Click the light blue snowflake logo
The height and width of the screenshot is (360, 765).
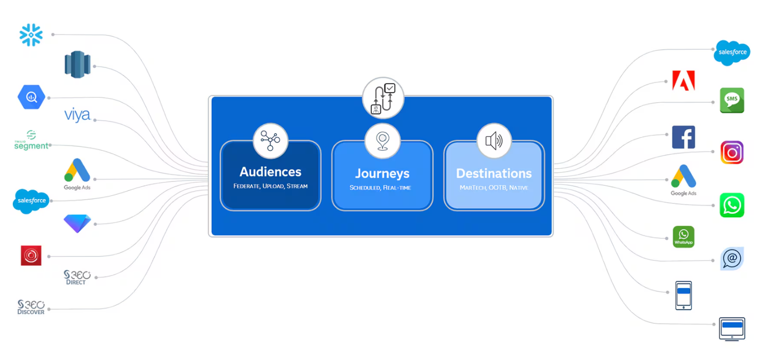[x=31, y=35]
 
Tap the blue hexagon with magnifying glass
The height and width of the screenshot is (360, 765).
[x=32, y=97]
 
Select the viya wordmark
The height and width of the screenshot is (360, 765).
[x=77, y=115]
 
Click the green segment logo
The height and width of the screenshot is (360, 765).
[x=32, y=140]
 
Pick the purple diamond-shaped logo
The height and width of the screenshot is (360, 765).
[x=77, y=223]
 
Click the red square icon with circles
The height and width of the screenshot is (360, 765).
[x=31, y=255]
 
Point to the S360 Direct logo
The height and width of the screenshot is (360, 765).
[x=77, y=277]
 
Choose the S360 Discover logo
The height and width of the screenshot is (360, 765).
[x=31, y=307]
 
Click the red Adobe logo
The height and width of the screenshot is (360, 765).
[x=683, y=81]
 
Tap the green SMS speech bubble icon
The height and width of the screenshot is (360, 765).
[x=732, y=100]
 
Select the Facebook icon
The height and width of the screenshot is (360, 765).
[x=683, y=138]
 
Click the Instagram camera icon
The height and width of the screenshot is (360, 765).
[x=732, y=153]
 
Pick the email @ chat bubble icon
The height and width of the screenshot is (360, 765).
[x=732, y=259]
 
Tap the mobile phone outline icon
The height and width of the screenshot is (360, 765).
[x=683, y=296]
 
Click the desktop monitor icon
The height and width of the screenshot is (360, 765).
[x=732, y=329]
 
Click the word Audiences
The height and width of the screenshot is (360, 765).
[x=270, y=172]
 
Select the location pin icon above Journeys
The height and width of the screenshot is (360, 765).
[x=382, y=141]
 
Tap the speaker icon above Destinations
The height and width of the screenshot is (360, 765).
[x=494, y=141]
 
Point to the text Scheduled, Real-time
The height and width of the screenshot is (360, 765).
[x=380, y=188]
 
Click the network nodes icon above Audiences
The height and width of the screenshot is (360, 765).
[x=270, y=141]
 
